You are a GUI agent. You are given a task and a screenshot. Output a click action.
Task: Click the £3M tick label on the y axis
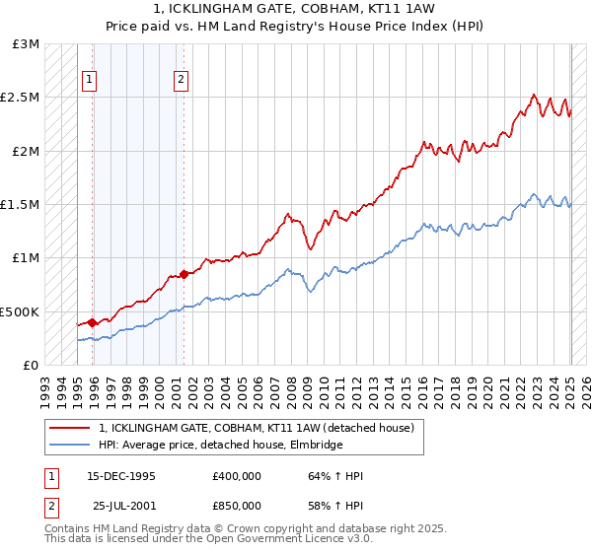[x=27, y=44]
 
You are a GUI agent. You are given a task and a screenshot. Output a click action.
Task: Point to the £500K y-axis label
[x=20, y=311]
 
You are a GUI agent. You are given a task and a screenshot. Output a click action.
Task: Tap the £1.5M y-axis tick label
[x=20, y=205]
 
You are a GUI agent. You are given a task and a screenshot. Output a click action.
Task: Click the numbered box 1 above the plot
[x=90, y=81]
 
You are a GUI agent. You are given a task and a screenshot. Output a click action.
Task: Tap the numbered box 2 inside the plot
[x=183, y=81]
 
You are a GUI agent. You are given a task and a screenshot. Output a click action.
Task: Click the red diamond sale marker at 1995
[x=93, y=322]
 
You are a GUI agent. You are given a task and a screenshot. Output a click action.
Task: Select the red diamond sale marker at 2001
[x=184, y=274]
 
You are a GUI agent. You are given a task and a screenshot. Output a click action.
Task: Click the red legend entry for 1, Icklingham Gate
[x=262, y=428]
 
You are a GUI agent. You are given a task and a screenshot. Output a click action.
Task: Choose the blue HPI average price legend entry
[x=220, y=446]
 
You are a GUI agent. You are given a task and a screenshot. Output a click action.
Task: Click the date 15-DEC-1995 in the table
[x=121, y=476]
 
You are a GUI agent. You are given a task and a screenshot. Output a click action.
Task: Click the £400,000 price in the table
[x=237, y=476]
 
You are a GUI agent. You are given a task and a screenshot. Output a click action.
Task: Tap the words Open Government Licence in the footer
[x=235, y=539]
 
